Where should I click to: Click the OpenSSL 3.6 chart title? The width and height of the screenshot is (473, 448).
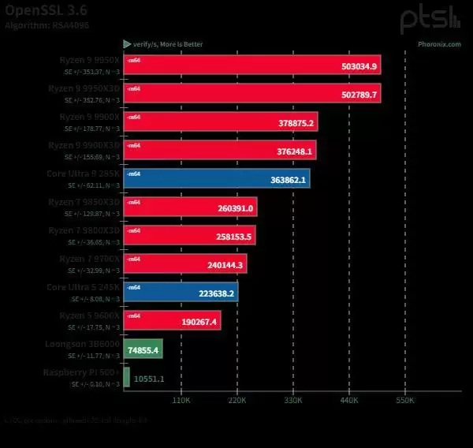coord(47,9)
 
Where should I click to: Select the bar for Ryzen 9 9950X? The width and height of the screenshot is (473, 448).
coord(252,65)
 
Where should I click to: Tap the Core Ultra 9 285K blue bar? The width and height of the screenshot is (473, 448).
coord(217,178)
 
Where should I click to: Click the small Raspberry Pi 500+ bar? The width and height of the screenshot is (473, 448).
coord(127,378)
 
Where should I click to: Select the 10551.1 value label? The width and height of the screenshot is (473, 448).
coord(149,379)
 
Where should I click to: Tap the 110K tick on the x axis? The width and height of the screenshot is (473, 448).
coord(181,401)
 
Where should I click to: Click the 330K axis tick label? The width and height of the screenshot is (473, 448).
coord(293,401)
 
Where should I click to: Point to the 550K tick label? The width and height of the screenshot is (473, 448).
coord(405,401)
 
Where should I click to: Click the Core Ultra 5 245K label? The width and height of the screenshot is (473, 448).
coord(83,286)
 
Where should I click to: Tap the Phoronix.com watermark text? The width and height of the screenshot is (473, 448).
coord(439,44)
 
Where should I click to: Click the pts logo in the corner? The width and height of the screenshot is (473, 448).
coord(429,19)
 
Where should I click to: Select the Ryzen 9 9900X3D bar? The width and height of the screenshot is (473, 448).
coord(220,150)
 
